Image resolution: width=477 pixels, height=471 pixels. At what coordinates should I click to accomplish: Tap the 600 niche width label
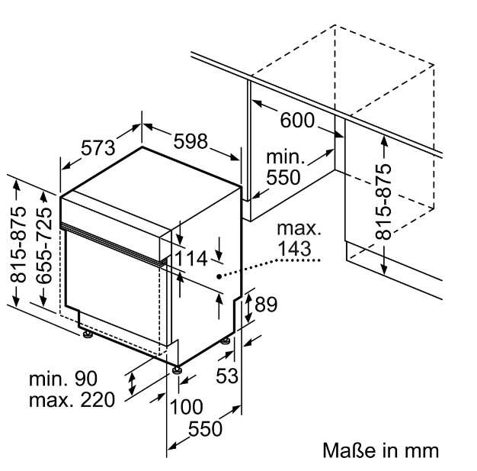pos(296,120)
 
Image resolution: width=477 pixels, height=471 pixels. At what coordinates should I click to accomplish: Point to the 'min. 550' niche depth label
pos(284,167)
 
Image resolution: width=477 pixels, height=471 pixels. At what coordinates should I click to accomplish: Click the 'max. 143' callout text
pos(294,238)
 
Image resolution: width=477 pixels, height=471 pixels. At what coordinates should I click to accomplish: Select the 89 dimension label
pos(264,305)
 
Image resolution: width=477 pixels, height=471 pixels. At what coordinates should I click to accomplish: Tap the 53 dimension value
pos(227,375)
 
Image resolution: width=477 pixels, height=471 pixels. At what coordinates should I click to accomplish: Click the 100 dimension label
pos(186,406)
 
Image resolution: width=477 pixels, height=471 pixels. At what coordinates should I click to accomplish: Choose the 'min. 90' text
pos(65,379)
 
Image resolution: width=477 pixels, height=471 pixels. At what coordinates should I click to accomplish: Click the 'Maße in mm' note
pos(381,449)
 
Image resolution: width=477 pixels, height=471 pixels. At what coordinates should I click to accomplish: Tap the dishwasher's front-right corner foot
pos(178,369)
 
